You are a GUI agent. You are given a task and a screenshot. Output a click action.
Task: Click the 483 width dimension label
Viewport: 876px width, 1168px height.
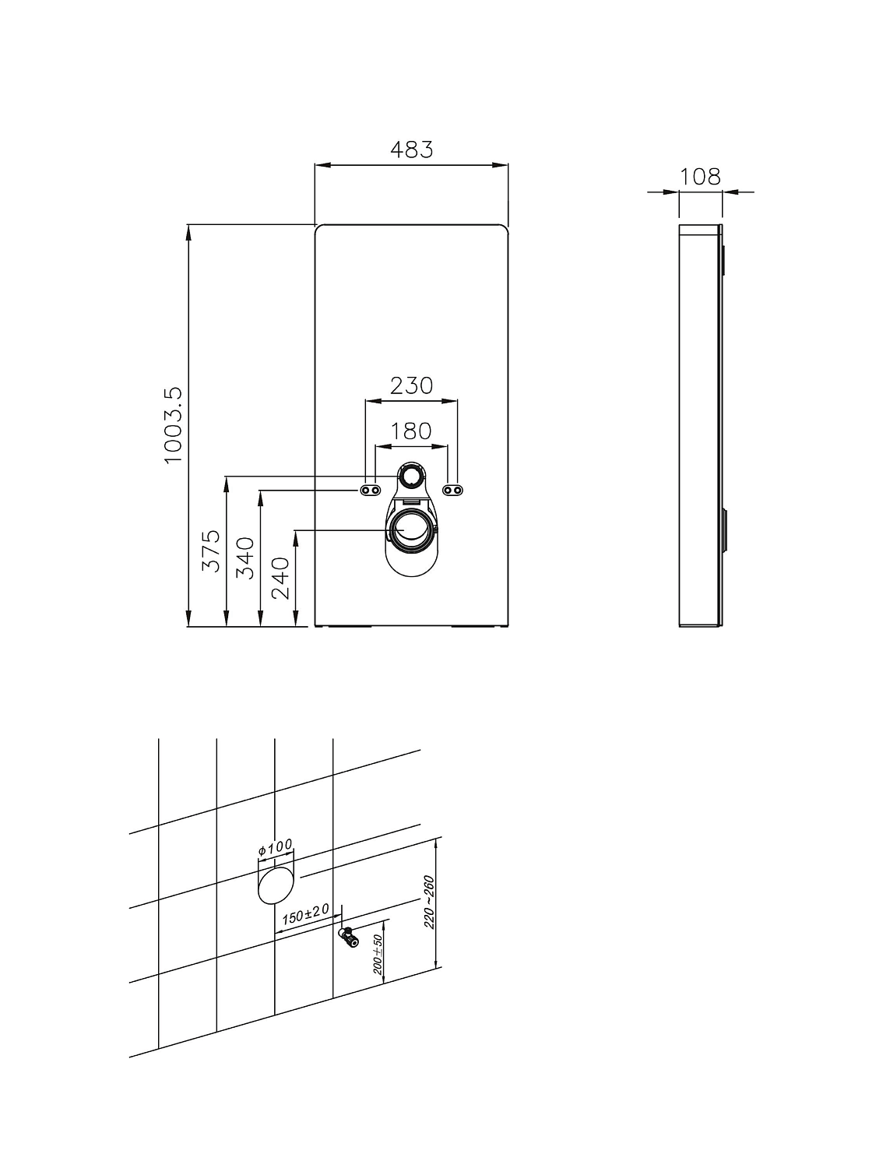(x=411, y=149)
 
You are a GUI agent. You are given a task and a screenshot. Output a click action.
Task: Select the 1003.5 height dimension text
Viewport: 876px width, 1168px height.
(x=173, y=425)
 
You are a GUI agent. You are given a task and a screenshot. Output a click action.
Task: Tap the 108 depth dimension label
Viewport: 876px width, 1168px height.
(x=700, y=177)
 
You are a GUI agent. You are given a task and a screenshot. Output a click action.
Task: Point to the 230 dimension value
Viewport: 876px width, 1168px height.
(x=411, y=385)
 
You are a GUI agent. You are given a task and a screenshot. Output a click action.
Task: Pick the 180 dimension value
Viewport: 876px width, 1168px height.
(x=411, y=431)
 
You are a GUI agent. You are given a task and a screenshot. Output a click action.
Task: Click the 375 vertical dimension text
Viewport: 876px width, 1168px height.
(x=211, y=551)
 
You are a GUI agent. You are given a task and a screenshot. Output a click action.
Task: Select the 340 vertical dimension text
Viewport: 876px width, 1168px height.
(x=245, y=558)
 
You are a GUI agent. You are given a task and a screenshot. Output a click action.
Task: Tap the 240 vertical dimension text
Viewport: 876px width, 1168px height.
(x=280, y=577)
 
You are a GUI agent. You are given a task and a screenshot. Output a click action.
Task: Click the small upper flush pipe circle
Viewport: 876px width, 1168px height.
(x=412, y=476)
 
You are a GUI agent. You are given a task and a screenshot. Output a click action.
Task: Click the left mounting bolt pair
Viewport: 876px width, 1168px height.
(x=371, y=490)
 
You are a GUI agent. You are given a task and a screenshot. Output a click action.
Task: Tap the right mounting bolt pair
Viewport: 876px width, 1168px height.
(x=453, y=490)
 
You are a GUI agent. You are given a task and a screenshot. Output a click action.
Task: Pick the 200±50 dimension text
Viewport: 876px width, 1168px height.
(x=378, y=955)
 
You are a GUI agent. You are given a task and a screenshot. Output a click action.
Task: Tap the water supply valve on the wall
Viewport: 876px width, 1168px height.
(x=347, y=937)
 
